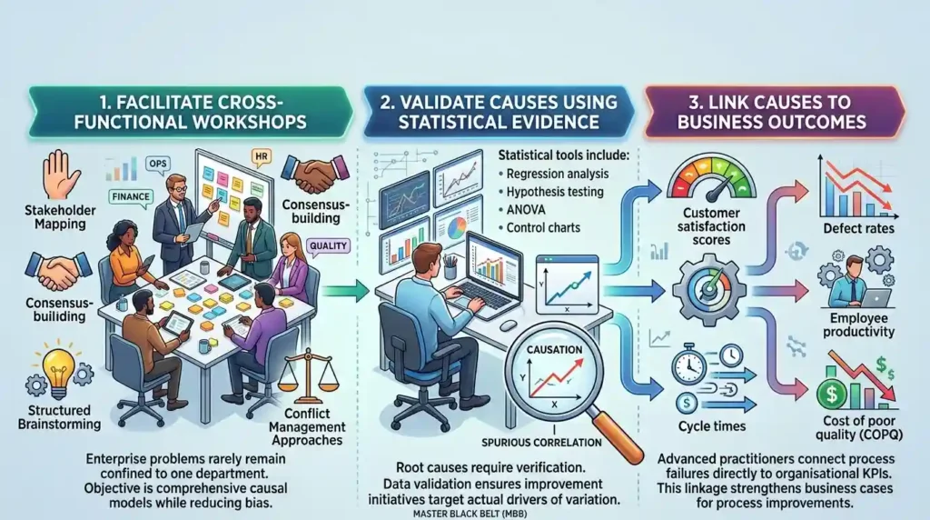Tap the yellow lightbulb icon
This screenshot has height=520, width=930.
point(59,369)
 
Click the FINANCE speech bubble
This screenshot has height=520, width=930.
point(131,197)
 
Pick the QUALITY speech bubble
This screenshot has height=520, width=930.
point(328,246)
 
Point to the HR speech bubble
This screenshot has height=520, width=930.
point(261,156)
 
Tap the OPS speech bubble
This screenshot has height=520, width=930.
point(158,164)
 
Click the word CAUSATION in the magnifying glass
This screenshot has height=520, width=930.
point(555,350)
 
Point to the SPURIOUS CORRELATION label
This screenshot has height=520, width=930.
point(541,442)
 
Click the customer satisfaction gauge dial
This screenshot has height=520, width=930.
point(711,178)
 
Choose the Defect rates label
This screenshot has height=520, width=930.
point(858,228)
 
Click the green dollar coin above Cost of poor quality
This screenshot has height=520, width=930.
point(832,393)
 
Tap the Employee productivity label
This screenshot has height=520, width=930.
point(858,325)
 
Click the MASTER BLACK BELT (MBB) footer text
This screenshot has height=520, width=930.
point(470,514)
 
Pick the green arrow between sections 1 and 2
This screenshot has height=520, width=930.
point(346,291)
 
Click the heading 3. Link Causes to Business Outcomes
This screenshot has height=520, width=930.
point(771,112)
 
